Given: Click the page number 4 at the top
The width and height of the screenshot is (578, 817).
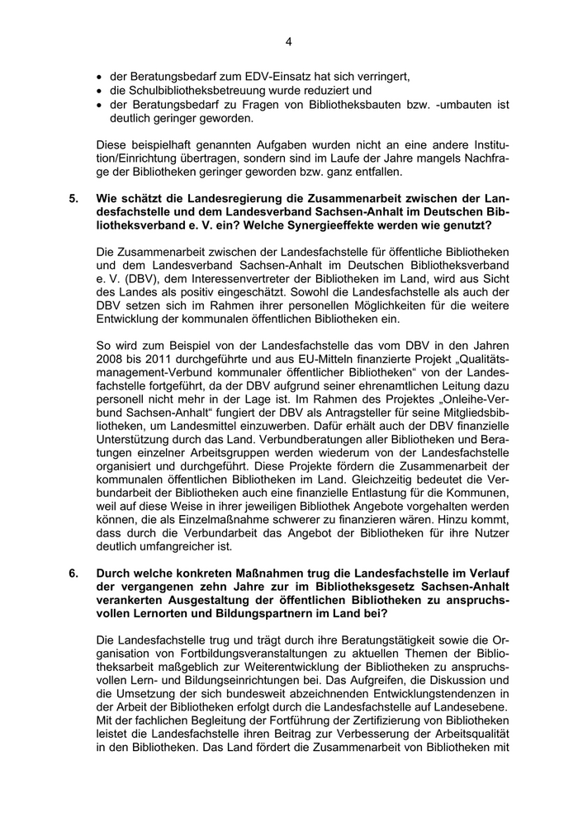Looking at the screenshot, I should point(289,40).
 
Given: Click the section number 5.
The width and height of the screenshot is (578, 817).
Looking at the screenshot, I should point(73,199).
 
